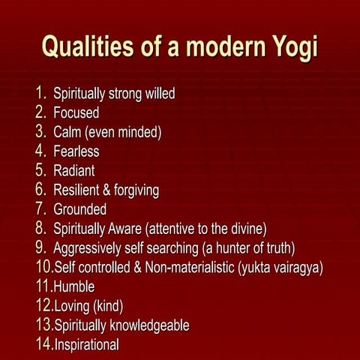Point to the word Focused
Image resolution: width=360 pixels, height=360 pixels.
pos(76,113)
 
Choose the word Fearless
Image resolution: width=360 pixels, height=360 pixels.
pos(76,151)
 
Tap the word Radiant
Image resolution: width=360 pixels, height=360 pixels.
pos(74,171)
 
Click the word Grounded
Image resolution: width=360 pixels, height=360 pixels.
pos(80,209)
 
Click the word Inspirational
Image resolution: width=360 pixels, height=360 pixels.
pos(87,344)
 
